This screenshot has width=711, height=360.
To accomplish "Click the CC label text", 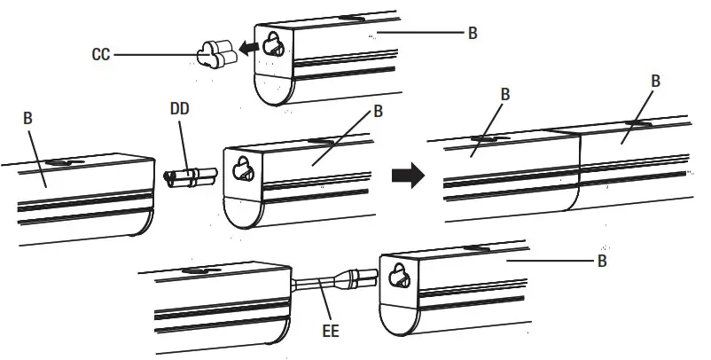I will (x=100, y=54).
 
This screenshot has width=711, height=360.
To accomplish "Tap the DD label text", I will (x=179, y=113).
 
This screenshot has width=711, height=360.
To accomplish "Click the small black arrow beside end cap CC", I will (x=255, y=48).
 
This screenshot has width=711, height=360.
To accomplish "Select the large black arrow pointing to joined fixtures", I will (x=406, y=175).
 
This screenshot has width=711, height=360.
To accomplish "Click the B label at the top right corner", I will (x=473, y=34).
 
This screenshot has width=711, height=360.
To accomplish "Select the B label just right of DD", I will (x=379, y=112).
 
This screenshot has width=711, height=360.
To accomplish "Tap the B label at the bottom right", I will (x=602, y=262).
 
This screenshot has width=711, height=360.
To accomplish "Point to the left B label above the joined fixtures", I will (x=504, y=93).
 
